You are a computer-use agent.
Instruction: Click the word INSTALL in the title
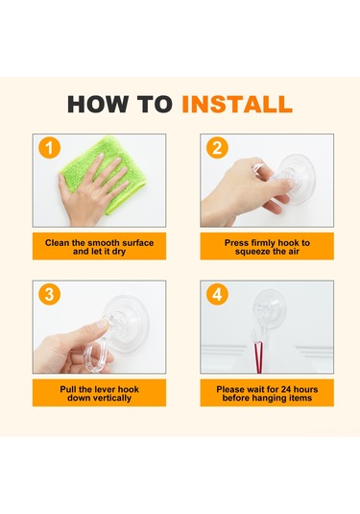pos(235,104)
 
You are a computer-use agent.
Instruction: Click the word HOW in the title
pos(100,104)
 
